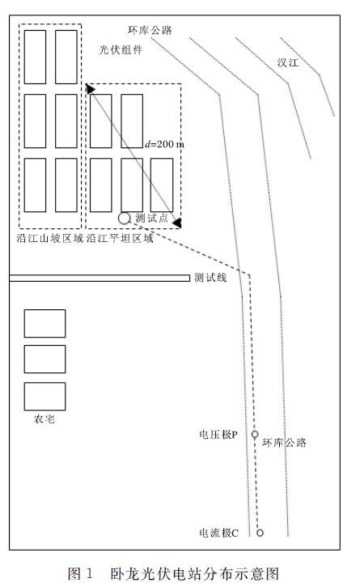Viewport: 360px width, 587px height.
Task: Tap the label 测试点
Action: click(x=151, y=218)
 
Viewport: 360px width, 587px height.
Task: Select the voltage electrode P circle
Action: click(x=255, y=434)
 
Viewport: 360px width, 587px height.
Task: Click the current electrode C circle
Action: click(x=260, y=532)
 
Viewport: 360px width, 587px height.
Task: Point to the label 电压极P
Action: click(x=218, y=435)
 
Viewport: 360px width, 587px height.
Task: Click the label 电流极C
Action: click(x=218, y=533)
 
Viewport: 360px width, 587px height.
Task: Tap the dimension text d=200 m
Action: click(x=165, y=144)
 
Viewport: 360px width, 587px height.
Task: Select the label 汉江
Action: click(x=288, y=62)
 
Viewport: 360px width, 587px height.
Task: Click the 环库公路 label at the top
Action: click(x=150, y=30)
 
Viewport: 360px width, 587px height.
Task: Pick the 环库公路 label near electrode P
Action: click(x=285, y=443)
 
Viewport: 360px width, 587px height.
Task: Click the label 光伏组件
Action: click(x=121, y=49)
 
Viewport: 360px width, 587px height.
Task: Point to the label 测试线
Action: click(x=210, y=278)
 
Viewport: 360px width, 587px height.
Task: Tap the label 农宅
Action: click(x=44, y=419)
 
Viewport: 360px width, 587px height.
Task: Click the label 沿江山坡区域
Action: click(x=50, y=238)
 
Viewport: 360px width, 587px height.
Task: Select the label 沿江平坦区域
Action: click(x=120, y=238)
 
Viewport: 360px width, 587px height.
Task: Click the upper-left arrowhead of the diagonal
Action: click(x=90, y=89)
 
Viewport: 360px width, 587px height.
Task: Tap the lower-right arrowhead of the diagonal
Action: click(x=177, y=223)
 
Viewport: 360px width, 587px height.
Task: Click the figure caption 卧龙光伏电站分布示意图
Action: click(x=195, y=574)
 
